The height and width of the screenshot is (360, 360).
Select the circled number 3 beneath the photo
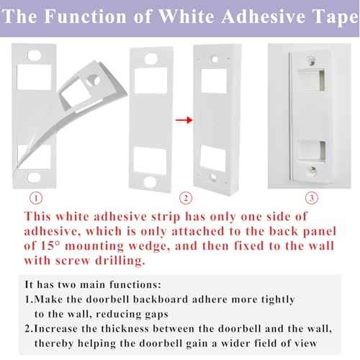click(310, 197)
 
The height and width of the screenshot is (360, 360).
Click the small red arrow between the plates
click(184, 121)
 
